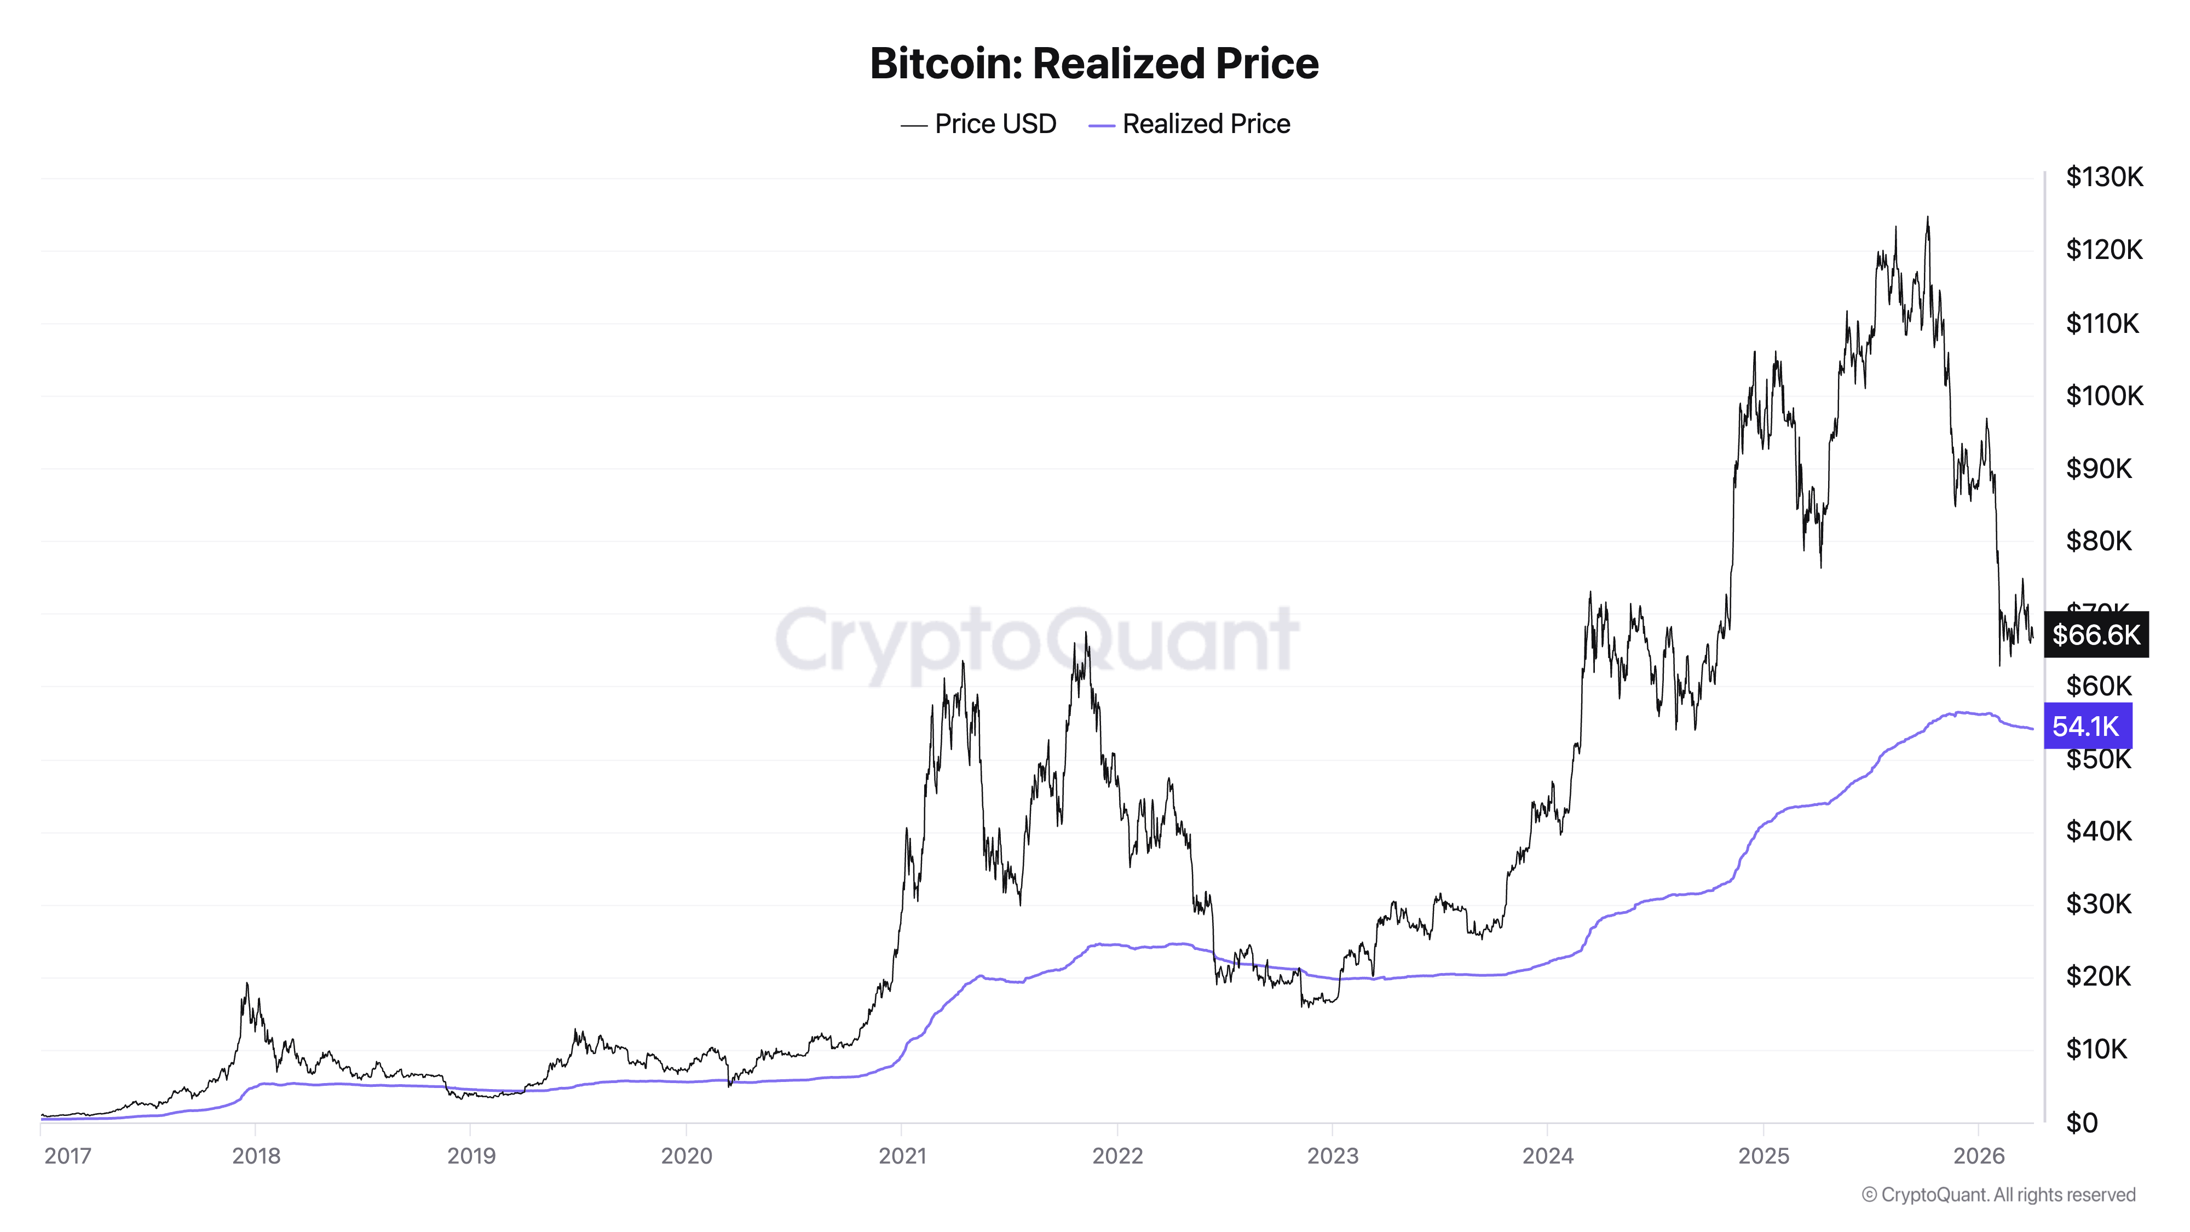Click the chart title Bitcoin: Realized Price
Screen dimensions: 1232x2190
(x=1093, y=64)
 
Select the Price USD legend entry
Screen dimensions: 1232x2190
(x=978, y=124)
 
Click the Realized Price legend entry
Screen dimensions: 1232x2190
(x=1189, y=124)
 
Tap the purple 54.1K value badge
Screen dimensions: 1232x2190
(x=2087, y=726)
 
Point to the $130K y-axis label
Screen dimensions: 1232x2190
(x=2104, y=177)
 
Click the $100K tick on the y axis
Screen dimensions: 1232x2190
(x=2104, y=395)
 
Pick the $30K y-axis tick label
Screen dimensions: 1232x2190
(x=2098, y=904)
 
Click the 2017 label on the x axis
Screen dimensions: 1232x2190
(x=67, y=1155)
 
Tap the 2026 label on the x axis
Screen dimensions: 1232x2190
(x=1978, y=1155)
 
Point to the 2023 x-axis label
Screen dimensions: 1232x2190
(x=1332, y=1155)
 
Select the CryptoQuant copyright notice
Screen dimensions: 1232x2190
(x=1998, y=1195)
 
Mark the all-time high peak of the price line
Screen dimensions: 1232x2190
(x=1927, y=218)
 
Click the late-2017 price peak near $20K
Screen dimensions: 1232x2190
(x=246, y=985)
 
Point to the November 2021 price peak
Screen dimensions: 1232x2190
(x=1086, y=634)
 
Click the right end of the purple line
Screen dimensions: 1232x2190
(x=2031, y=729)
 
